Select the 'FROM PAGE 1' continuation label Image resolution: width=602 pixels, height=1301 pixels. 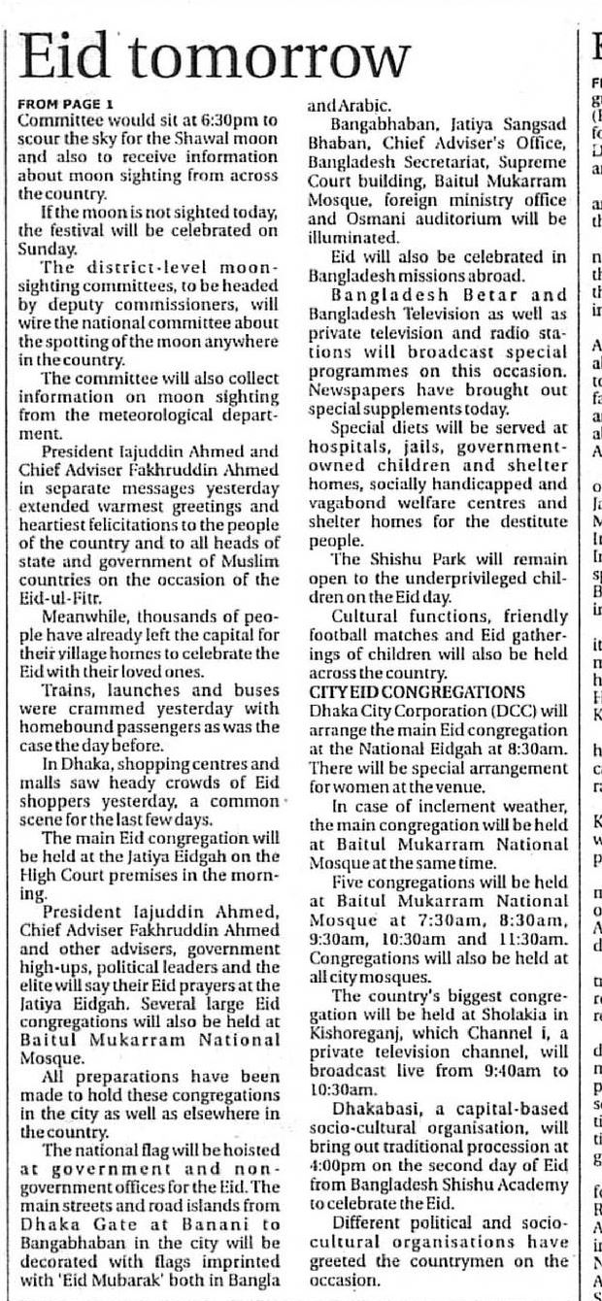point(65,104)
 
